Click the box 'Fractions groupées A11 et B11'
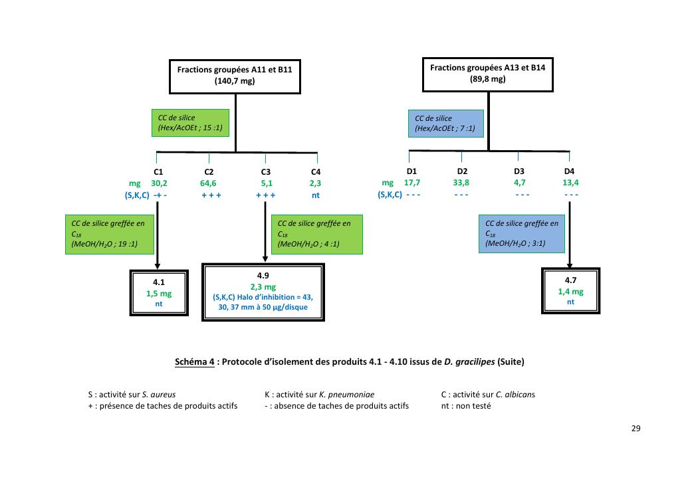(x=235, y=75)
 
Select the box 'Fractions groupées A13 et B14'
(x=488, y=73)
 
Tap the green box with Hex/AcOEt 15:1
(x=189, y=123)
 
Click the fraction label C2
(x=209, y=171)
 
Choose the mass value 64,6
(x=209, y=183)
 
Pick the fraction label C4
(x=316, y=171)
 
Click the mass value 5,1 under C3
(x=265, y=183)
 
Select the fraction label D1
(x=411, y=171)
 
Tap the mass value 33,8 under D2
(x=461, y=183)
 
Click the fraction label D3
(x=519, y=171)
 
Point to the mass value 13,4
(x=570, y=183)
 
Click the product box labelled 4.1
(x=159, y=292)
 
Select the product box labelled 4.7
(x=570, y=290)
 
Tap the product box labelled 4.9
(x=263, y=292)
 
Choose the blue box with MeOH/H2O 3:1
(x=522, y=234)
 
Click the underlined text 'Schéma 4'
(x=194, y=362)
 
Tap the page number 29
(x=636, y=428)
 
